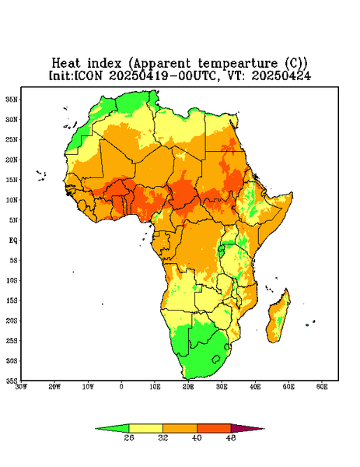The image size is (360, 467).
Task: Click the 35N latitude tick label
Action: click(x=12, y=99)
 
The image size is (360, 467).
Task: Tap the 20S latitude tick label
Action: click(x=12, y=321)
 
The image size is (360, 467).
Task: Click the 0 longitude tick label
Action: click(x=121, y=387)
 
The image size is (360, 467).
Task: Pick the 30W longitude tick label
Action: click(x=22, y=387)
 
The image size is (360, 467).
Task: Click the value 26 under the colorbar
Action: click(x=129, y=437)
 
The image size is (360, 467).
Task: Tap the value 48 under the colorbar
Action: click(x=231, y=437)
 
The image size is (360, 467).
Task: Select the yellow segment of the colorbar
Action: click(x=145, y=428)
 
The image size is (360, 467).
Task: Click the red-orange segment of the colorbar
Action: click(x=214, y=428)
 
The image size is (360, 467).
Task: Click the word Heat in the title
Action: click(x=66, y=63)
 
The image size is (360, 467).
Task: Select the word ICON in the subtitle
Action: click(x=88, y=75)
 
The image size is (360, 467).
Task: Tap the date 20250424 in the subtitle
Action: click(x=281, y=75)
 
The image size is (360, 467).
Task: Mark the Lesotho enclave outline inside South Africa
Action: click(x=216, y=359)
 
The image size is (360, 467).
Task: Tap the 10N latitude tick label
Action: click(x=12, y=200)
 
